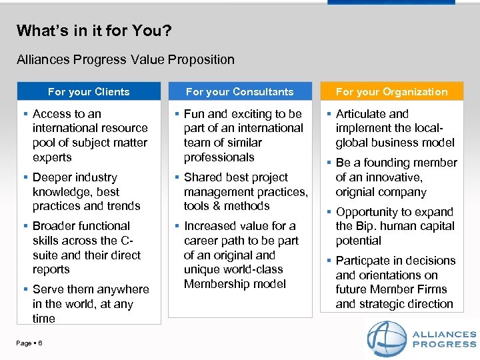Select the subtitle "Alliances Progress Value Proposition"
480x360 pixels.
(125, 59)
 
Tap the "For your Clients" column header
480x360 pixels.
(89, 91)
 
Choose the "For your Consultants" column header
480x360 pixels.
(239, 91)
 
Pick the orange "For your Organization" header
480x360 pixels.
(391, 91)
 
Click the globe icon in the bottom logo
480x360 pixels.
(387, 339)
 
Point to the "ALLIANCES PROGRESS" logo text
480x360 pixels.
(445, 339)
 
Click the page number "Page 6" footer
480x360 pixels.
(29, 343)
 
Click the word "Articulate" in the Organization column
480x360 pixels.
(363, 114)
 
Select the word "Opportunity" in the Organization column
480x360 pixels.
(369, 212)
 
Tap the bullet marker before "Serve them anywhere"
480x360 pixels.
(25, 289)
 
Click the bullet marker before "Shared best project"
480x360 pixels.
(176, 177)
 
